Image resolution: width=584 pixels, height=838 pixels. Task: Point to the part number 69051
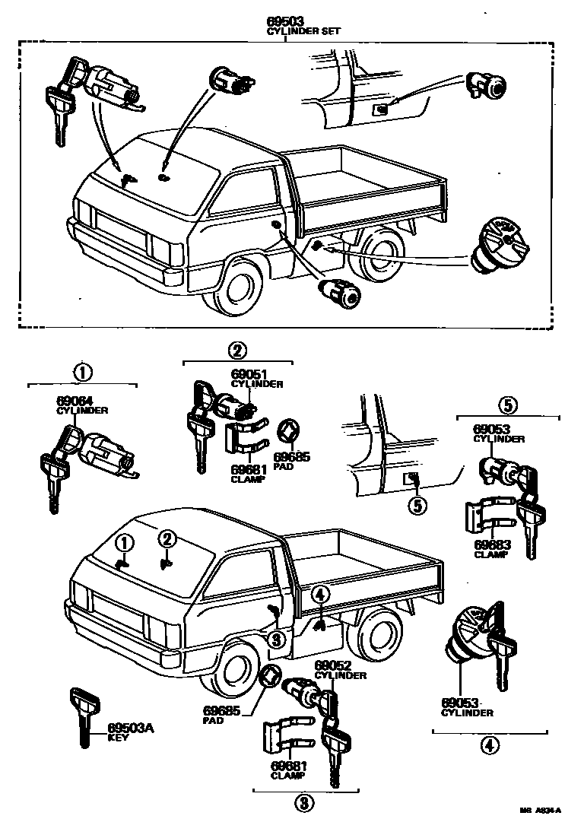point(250,374)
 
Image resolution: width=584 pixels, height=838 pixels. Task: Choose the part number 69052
point(331,666)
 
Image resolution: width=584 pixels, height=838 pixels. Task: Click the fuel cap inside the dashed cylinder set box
point(497,244)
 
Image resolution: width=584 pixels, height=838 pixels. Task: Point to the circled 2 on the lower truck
point(168,538)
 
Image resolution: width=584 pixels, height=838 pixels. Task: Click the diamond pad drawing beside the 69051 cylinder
point(289,432)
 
